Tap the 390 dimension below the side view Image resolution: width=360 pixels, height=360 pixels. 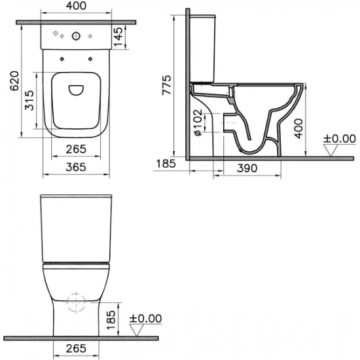point(245,169)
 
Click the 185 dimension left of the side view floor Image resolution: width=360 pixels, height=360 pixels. point(167,163)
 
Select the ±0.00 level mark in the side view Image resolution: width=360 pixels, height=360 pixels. point(338,139)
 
